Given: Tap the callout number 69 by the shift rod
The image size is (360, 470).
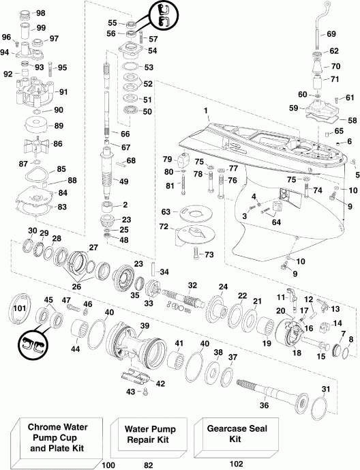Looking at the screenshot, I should pos(331,33).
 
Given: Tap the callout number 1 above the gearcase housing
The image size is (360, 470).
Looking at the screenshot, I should pos(205,110).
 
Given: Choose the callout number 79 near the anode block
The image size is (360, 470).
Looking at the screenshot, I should pos(167,160).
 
